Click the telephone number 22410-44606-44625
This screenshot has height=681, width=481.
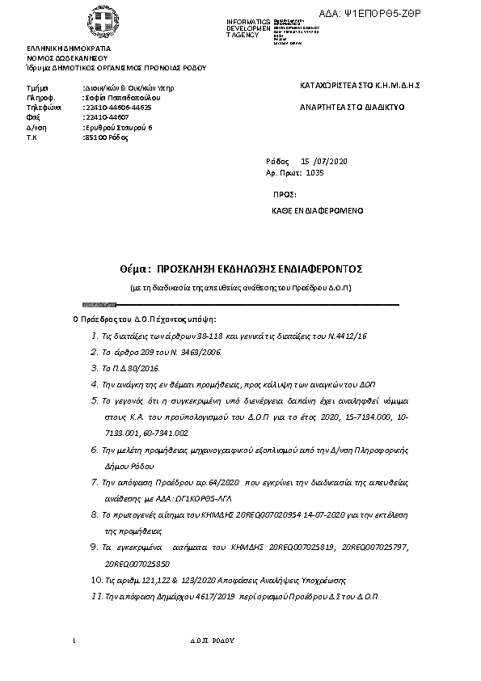pos(117,107)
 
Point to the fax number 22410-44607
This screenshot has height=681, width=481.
pos(106,117)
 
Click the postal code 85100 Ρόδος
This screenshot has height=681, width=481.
pos(106,137)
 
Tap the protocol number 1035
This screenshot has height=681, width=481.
pos(315,172)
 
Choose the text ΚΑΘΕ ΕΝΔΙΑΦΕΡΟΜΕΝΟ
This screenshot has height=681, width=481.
pos(318,210)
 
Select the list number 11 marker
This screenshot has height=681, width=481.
pos(95,595)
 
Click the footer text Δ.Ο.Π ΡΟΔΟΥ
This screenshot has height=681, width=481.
pos(212,639)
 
